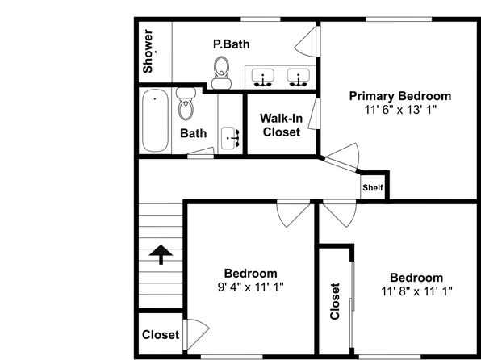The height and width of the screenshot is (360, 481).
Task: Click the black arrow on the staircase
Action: click(161, 254)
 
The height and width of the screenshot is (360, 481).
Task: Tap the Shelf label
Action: click(373, 187)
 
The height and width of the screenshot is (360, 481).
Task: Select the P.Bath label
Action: click(232, 44)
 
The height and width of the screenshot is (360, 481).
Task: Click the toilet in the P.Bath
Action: click(221, 73)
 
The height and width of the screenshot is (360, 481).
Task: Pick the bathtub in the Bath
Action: click(155, 120)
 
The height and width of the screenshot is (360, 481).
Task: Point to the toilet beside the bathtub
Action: click(186, 104)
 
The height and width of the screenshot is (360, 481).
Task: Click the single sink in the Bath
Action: click(230, 138)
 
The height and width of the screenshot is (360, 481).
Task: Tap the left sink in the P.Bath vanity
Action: click(263, 77)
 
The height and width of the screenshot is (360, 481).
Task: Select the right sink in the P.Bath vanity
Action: click(298, 77)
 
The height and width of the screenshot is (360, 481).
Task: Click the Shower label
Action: click(148, 51)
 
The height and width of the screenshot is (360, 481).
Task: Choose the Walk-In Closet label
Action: click(282, 125)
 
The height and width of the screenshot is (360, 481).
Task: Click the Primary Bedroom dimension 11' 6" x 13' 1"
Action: click(400, 110)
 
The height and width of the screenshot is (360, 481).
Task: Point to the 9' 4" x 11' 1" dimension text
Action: click(250, 287)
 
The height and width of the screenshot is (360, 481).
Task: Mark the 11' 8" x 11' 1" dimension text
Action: click(416, 291)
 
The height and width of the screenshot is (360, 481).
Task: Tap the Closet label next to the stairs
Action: click(161, 335)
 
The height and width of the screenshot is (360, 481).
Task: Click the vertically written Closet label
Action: click(335, 301)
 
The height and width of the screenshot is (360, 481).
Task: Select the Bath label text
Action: click(193, 133)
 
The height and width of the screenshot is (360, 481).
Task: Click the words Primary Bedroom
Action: click(400, 96)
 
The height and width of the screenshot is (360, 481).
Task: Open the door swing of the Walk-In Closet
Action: click(313, 114)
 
